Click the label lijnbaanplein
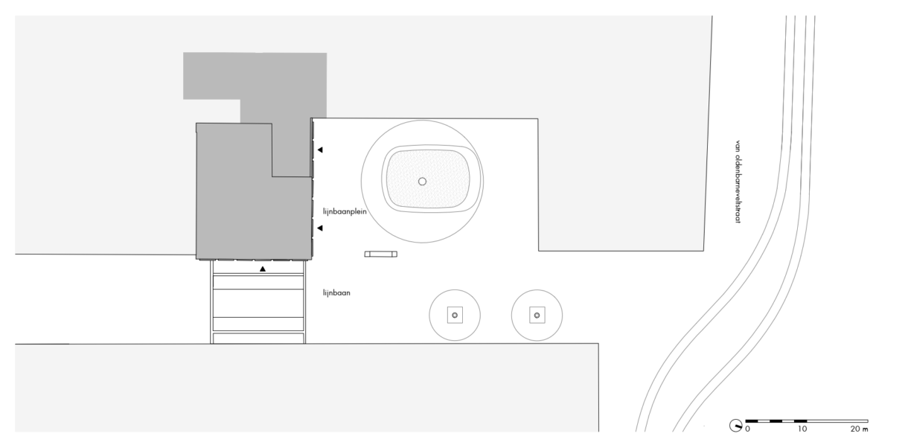click(345, 211)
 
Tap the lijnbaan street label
click(336, 292)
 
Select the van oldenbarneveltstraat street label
click(738, 182)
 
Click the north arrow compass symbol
click(736, 426)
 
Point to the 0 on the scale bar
click(747, 429)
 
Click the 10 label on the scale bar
click(802, 429)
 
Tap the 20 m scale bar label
click(859, 429)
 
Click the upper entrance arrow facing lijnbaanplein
click(320, 150)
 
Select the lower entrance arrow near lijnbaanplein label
click(320, 228)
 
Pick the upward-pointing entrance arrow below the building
click(263, 269)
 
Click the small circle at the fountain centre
click(422, 181)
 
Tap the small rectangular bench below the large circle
click(380, 254)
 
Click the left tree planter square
click(455, 315)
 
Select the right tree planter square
click(537, 315)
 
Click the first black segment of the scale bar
click(752, 421)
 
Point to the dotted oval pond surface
click(428, 179)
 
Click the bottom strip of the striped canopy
click(258, 338)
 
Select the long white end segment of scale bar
click(837, 421)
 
